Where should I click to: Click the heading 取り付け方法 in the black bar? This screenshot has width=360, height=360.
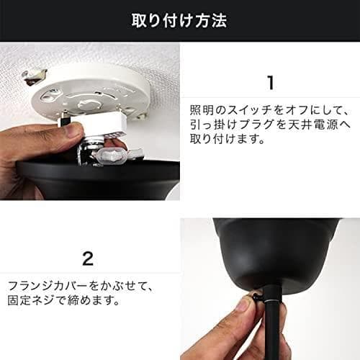(x=180, y=20)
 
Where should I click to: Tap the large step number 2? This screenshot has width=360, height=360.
(x=88, y=257)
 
